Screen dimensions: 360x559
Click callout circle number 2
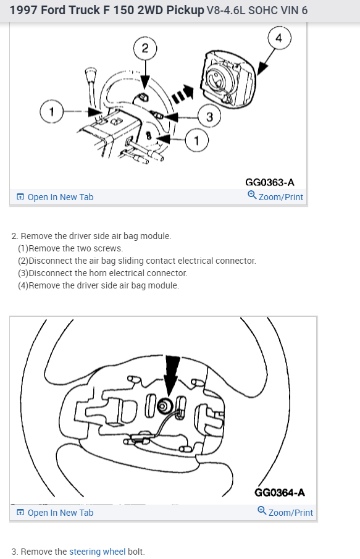click(145, 48)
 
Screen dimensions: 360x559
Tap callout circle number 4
click(279, 38)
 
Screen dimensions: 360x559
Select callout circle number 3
click(209, 116)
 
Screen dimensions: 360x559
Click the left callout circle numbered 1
click(51, 112)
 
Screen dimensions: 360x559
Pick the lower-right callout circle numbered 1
click(197, 140)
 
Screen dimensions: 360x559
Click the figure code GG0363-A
click(270, 182)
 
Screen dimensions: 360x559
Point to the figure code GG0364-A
click(280, 492)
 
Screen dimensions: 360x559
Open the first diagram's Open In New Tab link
click(55, 197)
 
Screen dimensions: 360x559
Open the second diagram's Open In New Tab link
click(55, 512)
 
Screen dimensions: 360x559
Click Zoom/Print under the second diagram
click(285, 511)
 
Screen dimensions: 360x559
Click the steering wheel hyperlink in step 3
click(98, 552)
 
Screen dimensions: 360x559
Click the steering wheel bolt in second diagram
click(165, 406)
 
